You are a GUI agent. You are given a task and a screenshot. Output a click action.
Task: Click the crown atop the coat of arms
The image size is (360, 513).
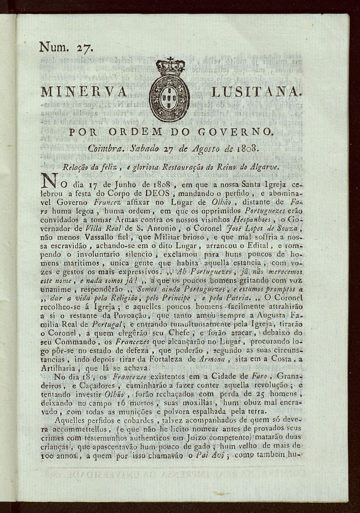[170, 66]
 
